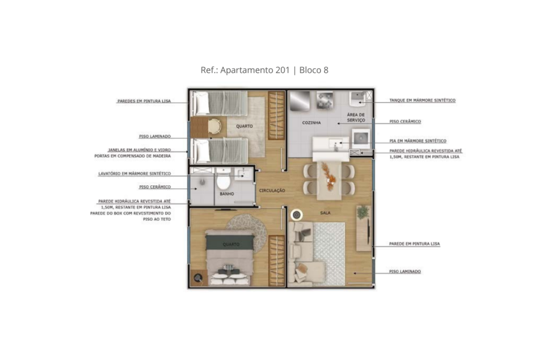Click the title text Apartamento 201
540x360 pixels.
coord(255,70)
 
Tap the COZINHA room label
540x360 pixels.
coord(311,122)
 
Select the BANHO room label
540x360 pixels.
coord(227,194)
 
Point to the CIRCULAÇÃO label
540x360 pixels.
coord(272,191)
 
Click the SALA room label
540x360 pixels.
coord(325,213)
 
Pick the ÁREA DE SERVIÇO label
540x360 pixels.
coord(356,117)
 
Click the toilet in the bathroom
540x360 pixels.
coord(223,179)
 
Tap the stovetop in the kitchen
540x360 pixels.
coord(325,100)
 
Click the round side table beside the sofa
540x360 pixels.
coord(296,215)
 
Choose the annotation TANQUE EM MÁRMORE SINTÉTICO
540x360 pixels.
coord(422,100)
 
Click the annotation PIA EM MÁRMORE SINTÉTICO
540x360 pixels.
coord(418,141)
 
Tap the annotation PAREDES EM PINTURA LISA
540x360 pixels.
coord(144,101)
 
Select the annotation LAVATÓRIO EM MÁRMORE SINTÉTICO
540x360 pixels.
coord(134,173)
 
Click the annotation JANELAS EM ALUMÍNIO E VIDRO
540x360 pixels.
coord(139,150)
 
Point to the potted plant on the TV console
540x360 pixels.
coord(362,212)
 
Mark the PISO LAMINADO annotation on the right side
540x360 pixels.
coord(405,271)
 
